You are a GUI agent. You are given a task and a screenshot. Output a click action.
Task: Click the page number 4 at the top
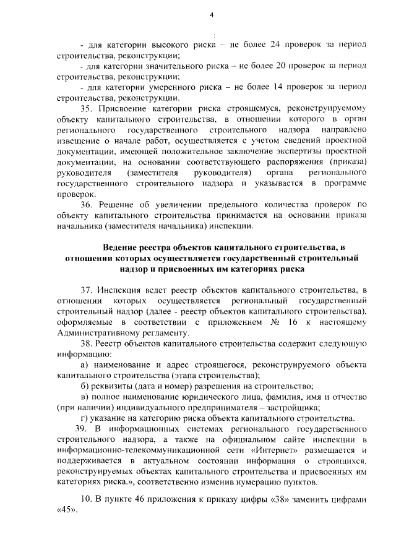[x=211, y=15]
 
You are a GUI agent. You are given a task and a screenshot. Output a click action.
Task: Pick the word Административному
[x=96, y=332]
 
